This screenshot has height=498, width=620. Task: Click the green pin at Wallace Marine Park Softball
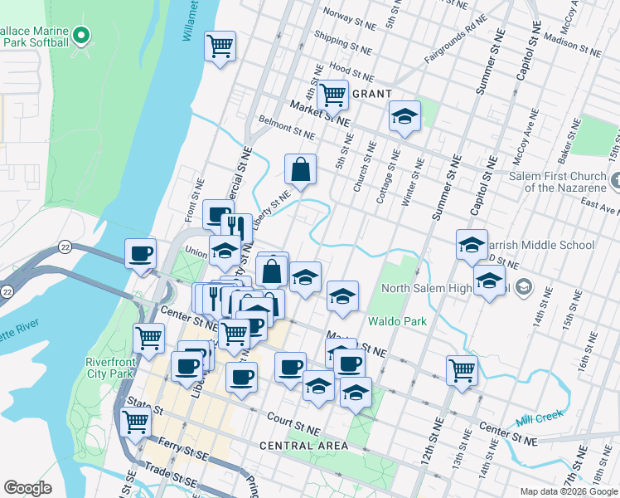(81, 36)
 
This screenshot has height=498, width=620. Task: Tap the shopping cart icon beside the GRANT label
(332, 94)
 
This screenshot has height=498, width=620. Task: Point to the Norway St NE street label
(349, 14)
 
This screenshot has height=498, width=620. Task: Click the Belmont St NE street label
(288, 129)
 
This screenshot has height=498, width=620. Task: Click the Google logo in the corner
(27, 488)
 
